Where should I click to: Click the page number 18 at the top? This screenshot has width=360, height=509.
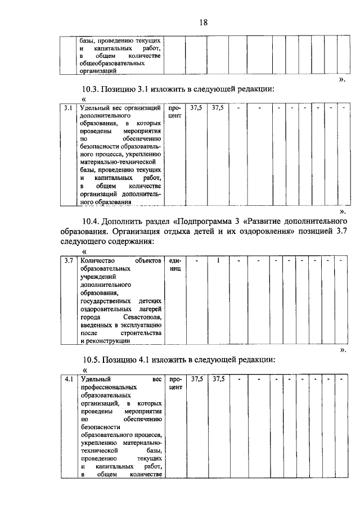(x=204, y=22)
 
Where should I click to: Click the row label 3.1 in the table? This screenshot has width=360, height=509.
(x=68, y=107)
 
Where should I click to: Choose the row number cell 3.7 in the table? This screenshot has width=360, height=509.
(x=68, y=261)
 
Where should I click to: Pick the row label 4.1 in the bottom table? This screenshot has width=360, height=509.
(x=68, y=380)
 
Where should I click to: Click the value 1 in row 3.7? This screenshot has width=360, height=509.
(x=218, y=261)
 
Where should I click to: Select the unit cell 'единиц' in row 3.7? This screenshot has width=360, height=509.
(x=175, y=265)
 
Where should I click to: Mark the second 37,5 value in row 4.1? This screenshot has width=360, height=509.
(x=218, y=380)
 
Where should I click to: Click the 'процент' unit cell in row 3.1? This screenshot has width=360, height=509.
(x=175, y=111)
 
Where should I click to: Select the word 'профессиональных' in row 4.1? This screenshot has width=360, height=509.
(x=109, y=388)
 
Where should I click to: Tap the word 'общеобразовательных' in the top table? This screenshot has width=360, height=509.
(x=112, y=64)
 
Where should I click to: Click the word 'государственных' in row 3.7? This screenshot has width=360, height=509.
(x=108, y=301)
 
